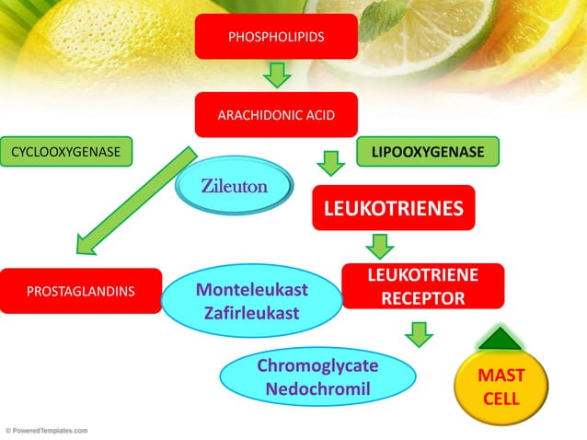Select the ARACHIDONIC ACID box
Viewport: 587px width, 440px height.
click(276, 115)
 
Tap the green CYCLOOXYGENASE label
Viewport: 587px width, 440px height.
click(67, 151)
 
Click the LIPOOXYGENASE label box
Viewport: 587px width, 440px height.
click(428, 151)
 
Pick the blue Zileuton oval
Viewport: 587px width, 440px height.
click(235, 187)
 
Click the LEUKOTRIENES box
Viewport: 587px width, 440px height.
click(394, 208)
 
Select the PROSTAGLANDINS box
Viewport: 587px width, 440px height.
click(81, 291)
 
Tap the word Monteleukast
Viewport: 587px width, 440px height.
click(252, 290)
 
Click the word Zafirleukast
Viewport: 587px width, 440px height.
click(252, 313)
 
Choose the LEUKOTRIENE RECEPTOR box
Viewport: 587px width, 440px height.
click(423, 286)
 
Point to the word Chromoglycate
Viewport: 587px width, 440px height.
click(317, 365)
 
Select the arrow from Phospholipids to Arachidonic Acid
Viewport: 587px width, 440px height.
click(276, 75)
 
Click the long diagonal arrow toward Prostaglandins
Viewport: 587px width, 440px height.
click(138, 198)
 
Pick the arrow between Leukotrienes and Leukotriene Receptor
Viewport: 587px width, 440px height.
click(380, 246)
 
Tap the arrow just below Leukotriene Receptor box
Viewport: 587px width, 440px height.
click(420, 333)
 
